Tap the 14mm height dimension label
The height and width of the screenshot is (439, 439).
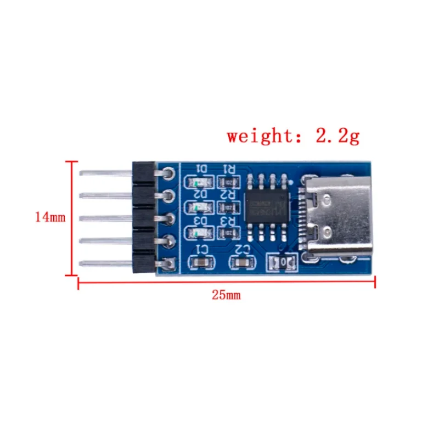[50, 217]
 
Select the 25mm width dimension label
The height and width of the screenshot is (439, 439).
[227, 295]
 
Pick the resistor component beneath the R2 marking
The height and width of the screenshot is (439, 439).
[228, 207]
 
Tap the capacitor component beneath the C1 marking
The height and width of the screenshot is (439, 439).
[202, 262]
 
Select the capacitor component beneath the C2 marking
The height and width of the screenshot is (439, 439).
[241, 263]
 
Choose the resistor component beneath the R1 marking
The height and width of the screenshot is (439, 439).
[228, 181]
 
